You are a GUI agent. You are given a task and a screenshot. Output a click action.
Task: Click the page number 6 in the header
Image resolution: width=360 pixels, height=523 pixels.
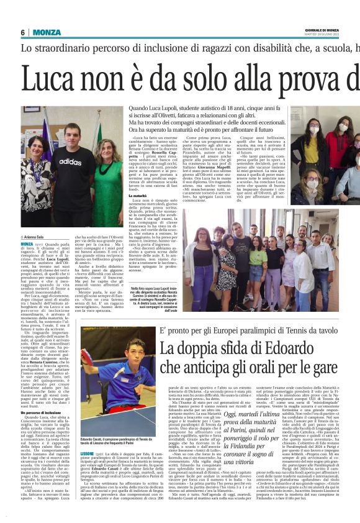pyautogui.click(x=22, y=32)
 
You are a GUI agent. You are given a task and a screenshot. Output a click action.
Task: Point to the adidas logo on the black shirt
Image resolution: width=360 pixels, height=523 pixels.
pyautogui.click(x=70, y=160)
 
